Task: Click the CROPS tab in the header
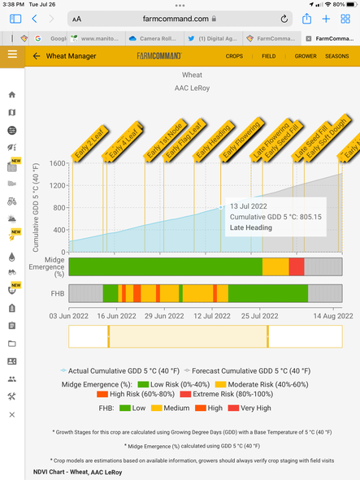pos(234,56)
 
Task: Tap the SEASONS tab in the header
pos(336,56)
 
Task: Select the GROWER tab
pos(306,56)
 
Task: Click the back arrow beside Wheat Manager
pos(37,56)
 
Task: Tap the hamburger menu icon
pos(11,54)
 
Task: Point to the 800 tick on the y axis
pos(57,208)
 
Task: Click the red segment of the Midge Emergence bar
pos(297,266)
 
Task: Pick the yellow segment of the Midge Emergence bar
pos(275,266)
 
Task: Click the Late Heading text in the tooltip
pos(250,227)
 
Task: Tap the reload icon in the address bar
pos(284,18)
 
